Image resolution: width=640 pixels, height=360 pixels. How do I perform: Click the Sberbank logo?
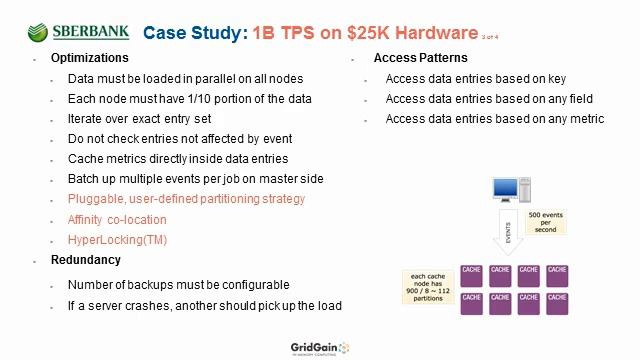pos(80,32)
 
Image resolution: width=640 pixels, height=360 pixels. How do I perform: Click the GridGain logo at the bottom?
pos(314,347)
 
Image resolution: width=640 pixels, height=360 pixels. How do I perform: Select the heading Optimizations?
pos(89,58)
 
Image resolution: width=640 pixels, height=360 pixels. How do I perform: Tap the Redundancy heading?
pos(85,260)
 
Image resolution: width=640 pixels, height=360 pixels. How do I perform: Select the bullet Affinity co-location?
pos(117,220)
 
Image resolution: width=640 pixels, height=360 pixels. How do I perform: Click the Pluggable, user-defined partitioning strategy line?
pos(186,200)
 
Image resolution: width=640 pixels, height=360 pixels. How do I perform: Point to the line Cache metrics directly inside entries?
pos(178,159)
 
